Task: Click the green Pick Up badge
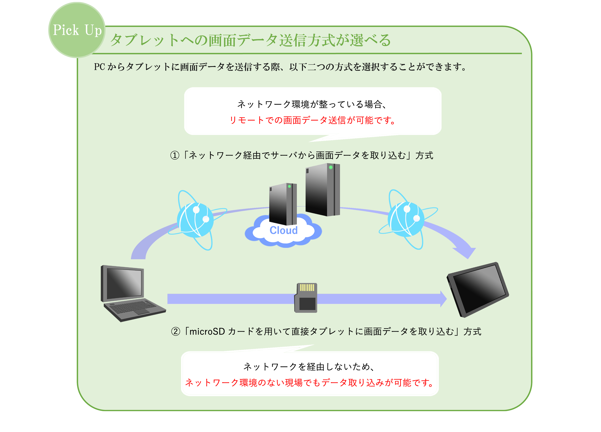tap(77, 30)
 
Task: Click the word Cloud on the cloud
tap(284, 230)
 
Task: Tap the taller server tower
tap(323, 190)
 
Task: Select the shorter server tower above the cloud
tap(283, 204)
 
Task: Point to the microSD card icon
tap(306, 298)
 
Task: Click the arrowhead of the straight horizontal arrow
tap(443, 299)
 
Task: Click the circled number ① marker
tap(175, 155)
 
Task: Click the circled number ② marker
tap(176, 331)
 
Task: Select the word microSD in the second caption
tap(207, 331)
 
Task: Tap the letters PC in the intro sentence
tap(100, 67)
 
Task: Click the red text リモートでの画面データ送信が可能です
tap(313, 120)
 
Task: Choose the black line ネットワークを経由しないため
tap(309, 367)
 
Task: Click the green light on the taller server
tap(331, 167)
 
